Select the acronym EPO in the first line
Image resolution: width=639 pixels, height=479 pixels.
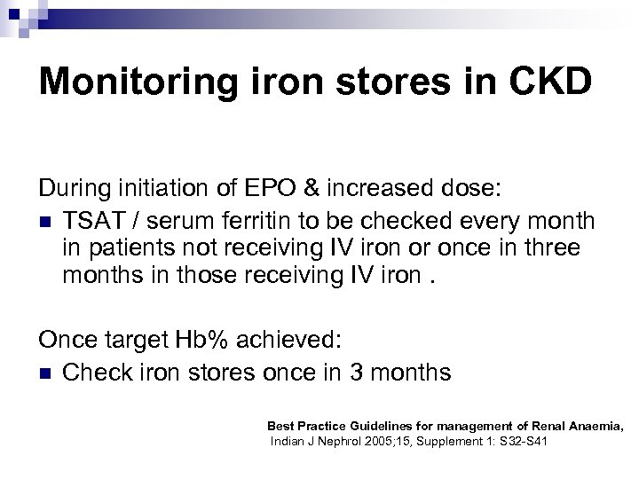point(256,189)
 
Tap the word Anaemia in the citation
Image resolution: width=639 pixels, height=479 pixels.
point(593,427)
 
